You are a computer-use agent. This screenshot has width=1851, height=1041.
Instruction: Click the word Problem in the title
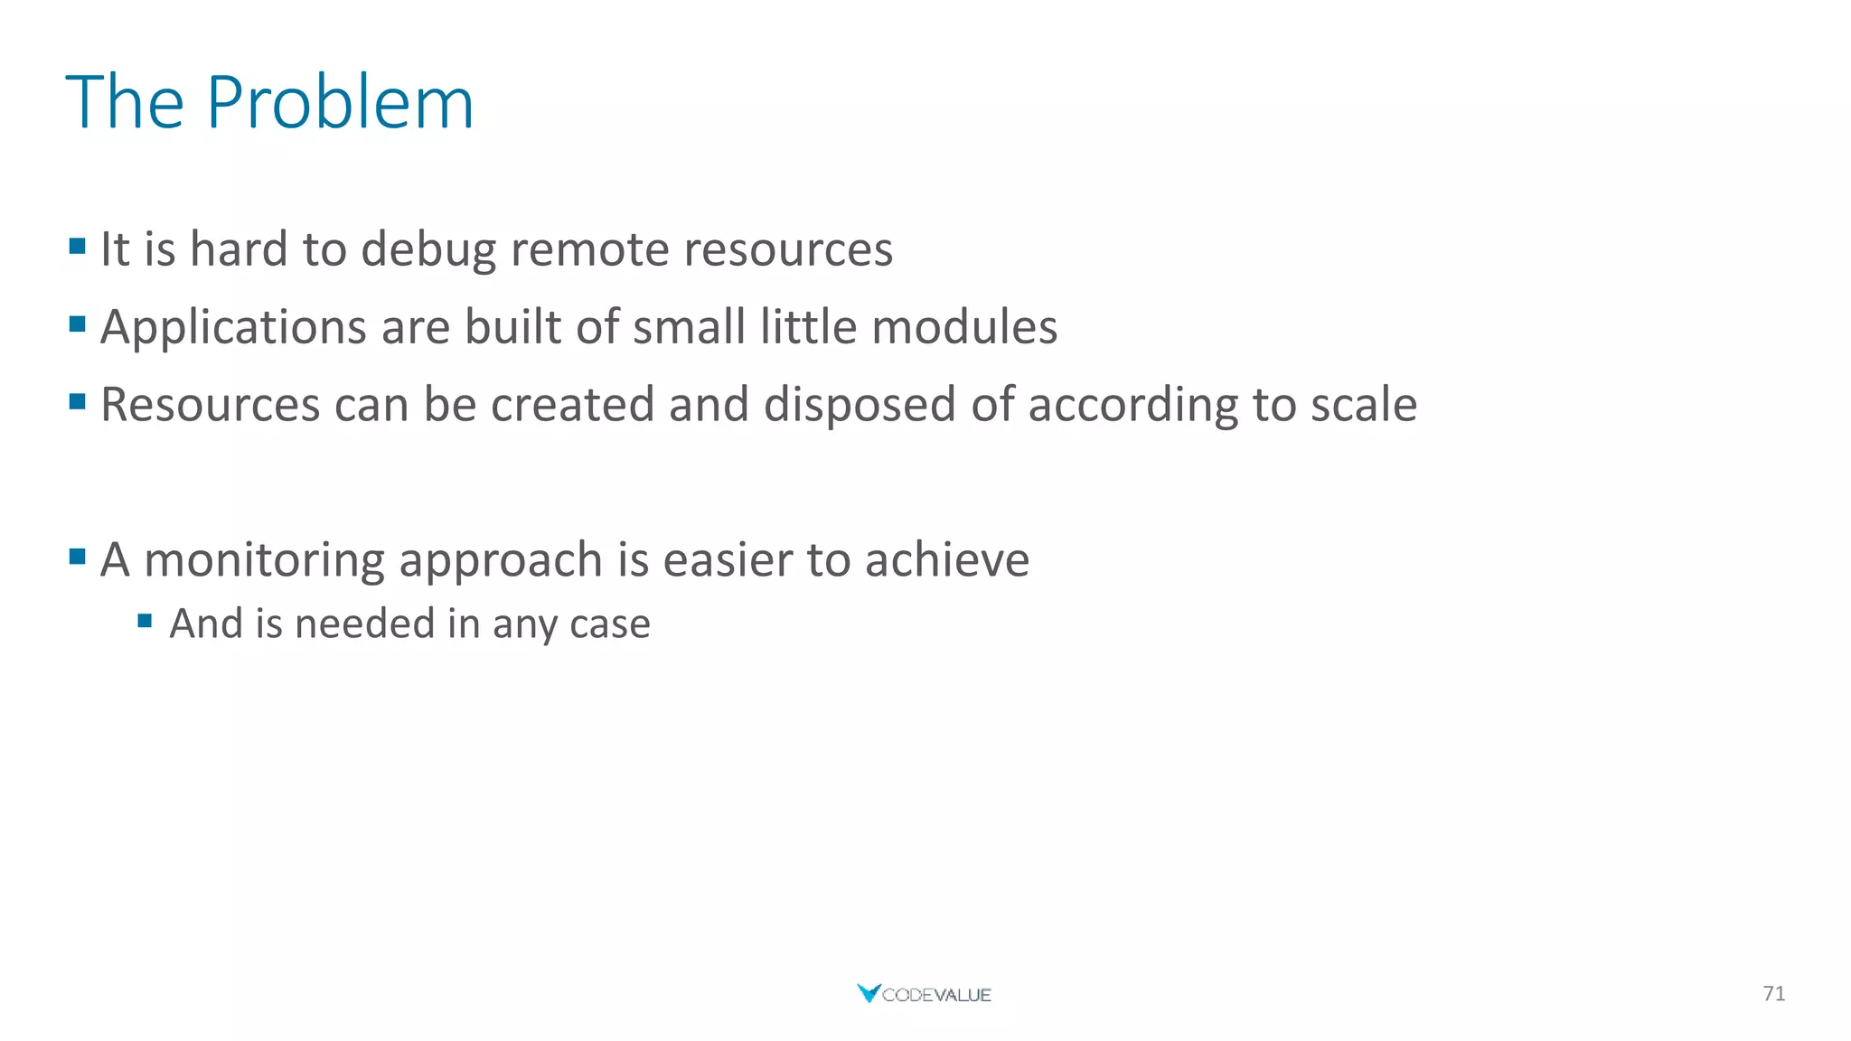[x=339, y=103]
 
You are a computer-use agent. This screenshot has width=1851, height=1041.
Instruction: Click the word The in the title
[x=125, y=103]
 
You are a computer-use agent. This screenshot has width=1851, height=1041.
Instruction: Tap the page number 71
[x=1773, y=994]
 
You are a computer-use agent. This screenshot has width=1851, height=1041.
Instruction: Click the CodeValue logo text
[x=936, y=995]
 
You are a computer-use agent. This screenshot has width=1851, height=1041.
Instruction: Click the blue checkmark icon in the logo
[x=868, y=993]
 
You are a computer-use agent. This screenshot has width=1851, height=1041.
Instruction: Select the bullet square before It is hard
[x=77, y=246]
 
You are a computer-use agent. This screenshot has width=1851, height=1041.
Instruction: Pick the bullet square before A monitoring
[x=77, y=557]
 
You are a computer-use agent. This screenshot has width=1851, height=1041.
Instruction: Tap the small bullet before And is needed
[x=145, y=621]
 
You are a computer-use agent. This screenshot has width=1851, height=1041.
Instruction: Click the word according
[x=1133, y=405]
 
